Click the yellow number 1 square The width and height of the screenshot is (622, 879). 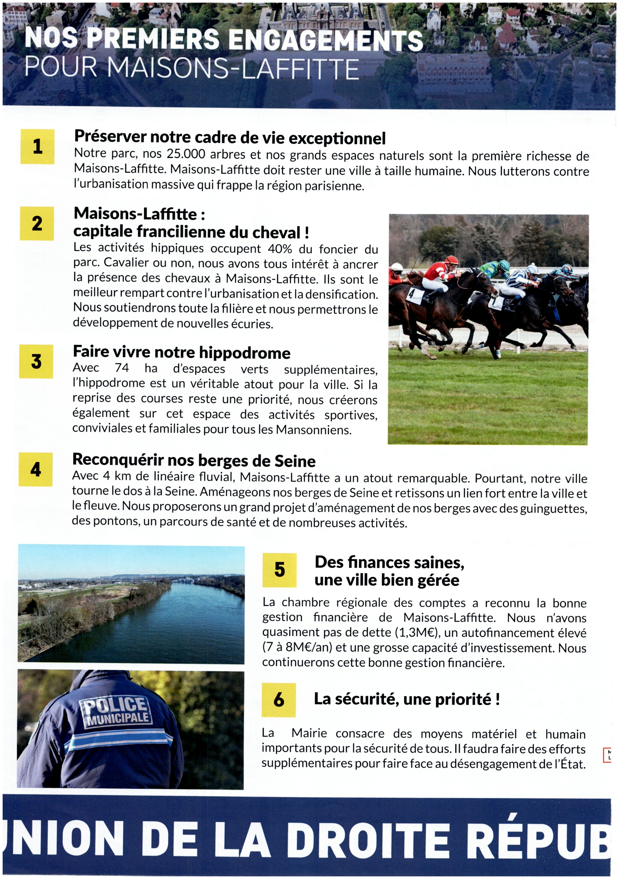pyautogui.click(x=37, y=146)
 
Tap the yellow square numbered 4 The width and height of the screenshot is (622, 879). pyautogui.click(x=36, y=469)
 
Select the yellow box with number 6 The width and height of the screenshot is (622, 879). pyautogui.click(x=278, y=700)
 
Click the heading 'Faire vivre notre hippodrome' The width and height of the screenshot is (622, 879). pyautogui.click(x=182, y=352)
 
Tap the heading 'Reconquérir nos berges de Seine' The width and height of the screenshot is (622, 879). pyautogui.click(x=194, y=460)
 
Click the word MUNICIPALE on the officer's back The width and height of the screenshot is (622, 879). pyautogui.click(x=118, y=718)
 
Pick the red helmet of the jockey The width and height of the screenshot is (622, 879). pyautogui.click(x=452, y=261)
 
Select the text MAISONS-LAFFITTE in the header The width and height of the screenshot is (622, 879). pyautogui.click(x=233, y=68)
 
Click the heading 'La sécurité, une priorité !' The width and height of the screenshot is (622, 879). pyautogui.click(x=407, y=699)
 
